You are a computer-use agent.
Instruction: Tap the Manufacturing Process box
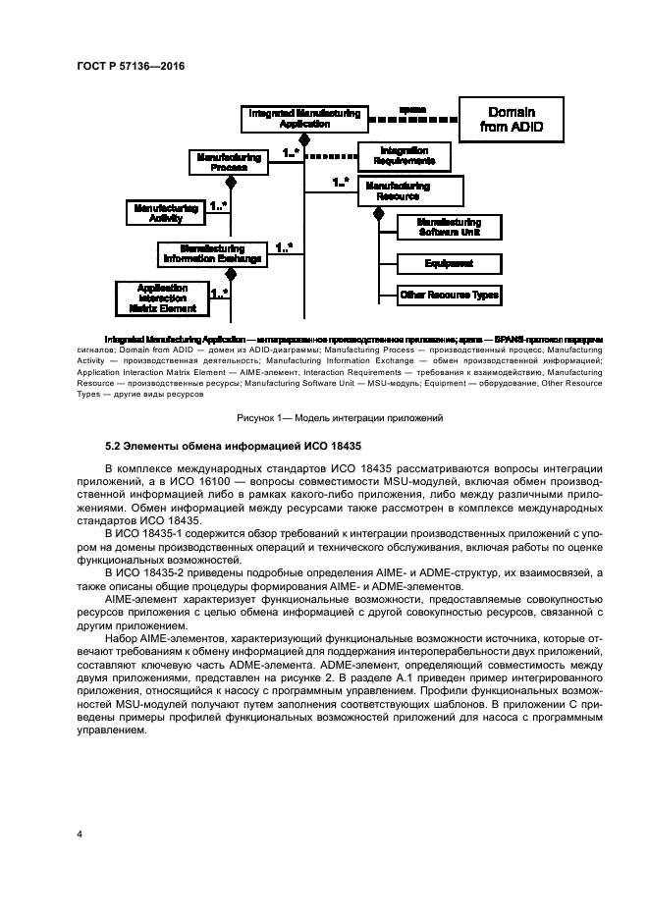(229, 162)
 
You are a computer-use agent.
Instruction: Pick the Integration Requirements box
(404, 156)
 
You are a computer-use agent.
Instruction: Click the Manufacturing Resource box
(397, 190)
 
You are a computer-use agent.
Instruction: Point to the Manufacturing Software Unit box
(449, 227)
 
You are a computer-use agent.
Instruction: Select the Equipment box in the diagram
(449, 263)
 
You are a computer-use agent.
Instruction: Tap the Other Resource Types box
(449, 295)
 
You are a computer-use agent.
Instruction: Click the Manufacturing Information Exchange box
(213, 253)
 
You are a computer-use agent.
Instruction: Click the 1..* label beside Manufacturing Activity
(219, 206)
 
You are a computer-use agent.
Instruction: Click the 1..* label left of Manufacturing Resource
(341, 182)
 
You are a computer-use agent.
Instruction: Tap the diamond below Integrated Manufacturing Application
(304, 140)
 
